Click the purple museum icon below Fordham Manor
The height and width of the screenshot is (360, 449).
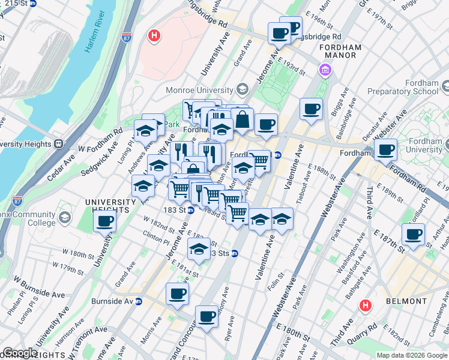[325, 71]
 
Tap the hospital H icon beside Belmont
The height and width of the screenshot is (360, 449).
[365, 306]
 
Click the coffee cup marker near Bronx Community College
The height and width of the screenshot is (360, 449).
[105, 221]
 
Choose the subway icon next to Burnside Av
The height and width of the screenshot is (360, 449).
[139, 301]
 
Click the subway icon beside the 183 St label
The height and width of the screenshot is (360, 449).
[190, 210]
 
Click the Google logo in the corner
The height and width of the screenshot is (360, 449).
[20, 353]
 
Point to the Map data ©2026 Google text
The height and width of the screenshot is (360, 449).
[411, 355]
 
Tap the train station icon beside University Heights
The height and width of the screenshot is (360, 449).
[59, 144]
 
